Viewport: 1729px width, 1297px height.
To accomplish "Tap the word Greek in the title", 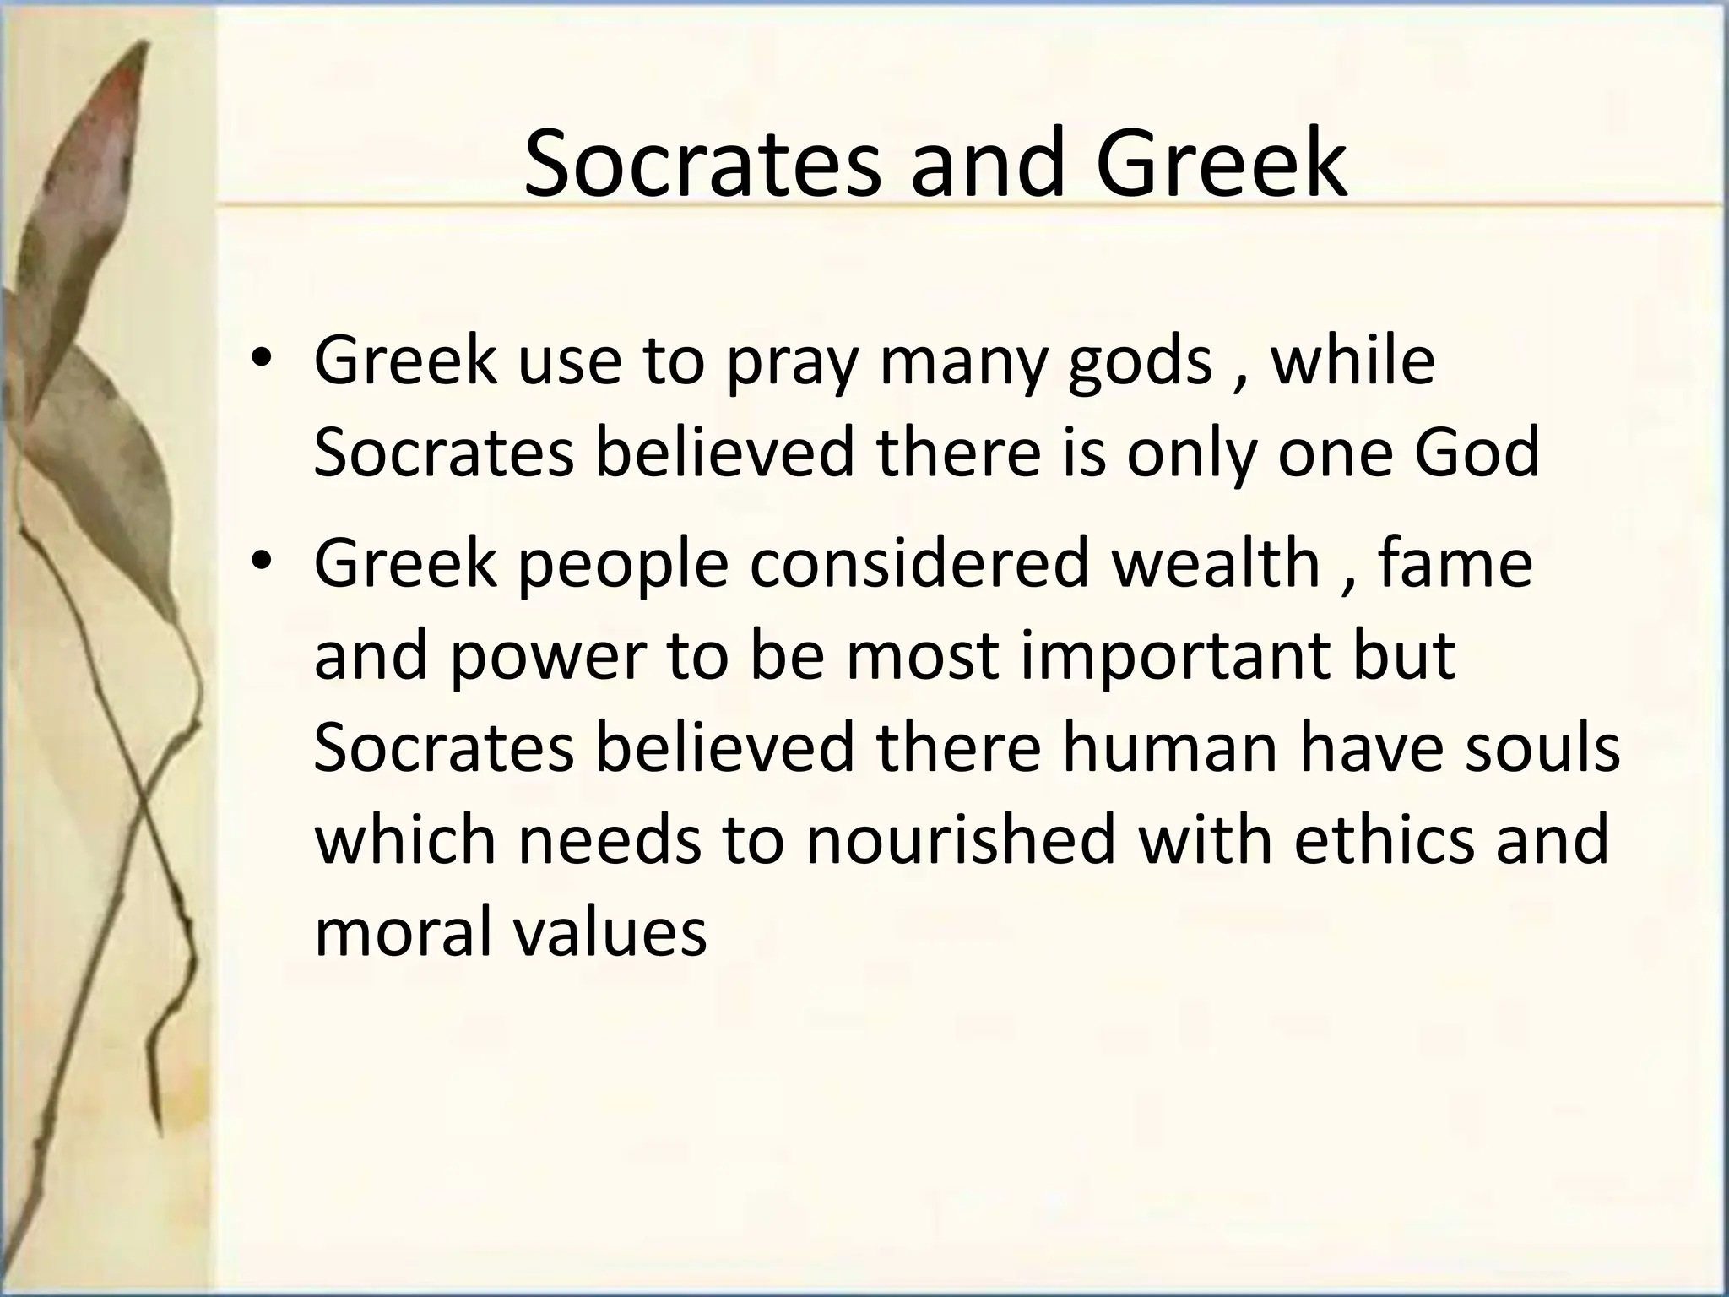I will [x=1221, y=162].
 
